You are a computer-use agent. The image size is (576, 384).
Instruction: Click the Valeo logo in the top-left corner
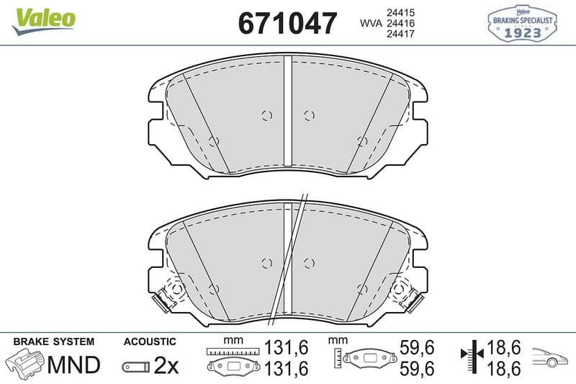coord(43,21)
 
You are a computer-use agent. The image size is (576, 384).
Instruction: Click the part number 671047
coord(287,23)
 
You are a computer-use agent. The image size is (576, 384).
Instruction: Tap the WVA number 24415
coord(400,13)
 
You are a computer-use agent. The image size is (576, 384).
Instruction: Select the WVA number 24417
coord(400,34)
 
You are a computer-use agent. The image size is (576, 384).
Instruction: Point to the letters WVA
coord(371,23)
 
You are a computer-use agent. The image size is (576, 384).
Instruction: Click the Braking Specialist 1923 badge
coord(522,24)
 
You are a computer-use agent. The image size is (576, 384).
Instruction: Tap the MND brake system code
coord(73,365)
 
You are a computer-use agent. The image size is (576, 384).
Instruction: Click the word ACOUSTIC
coord(150,341)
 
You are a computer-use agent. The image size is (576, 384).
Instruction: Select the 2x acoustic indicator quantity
coord(166,365)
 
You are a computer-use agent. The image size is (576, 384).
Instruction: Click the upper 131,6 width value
coord(287,348)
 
